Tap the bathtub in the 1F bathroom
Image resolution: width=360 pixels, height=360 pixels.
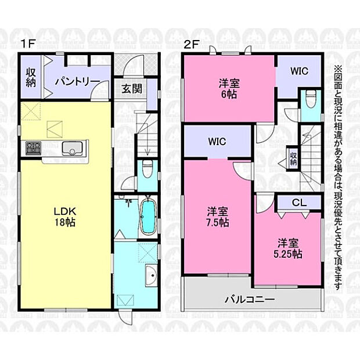[148, 216]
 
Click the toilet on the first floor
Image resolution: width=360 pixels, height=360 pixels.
[147, 170]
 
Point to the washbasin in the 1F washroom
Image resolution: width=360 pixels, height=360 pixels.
[151, 278]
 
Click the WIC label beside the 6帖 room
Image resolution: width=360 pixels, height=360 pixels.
[298, 71]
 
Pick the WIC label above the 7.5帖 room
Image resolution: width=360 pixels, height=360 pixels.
[217, 142]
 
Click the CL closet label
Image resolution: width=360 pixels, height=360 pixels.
[299, 203]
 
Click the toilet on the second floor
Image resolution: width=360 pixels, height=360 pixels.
[311, 99]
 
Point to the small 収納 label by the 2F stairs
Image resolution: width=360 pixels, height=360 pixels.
[294, 159]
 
